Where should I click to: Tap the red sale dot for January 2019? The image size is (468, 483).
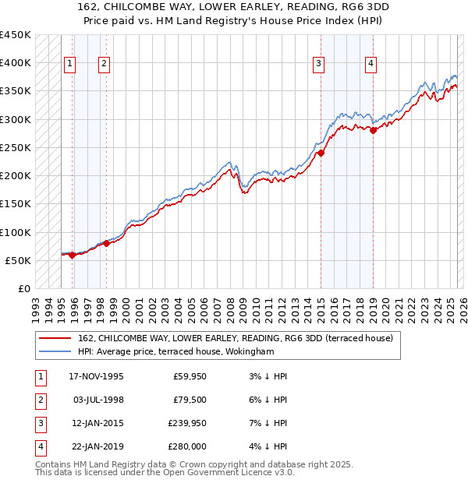(373, 131)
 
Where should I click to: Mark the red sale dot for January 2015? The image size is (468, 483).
(321, 153)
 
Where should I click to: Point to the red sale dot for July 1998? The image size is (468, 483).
(107, 243)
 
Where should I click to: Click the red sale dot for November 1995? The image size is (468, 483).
(73, 255)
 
